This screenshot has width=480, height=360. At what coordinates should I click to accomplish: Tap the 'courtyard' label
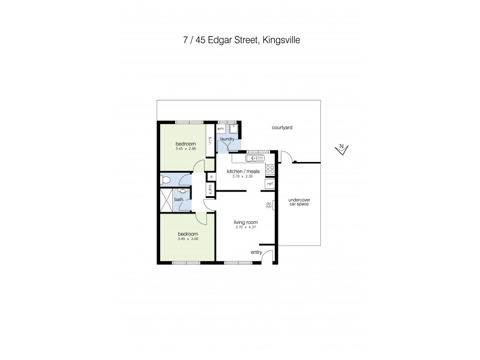(x=281, y=128)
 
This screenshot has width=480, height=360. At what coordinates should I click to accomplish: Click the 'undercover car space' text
(x=298, y=203)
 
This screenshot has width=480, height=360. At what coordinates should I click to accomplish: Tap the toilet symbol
(x=167, y=179)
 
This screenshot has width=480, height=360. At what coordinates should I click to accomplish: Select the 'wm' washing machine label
(x=220, y=128)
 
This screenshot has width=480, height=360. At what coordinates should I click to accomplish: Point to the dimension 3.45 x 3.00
(x=187, y=239)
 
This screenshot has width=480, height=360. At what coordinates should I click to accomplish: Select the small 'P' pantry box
(x=211, y=178)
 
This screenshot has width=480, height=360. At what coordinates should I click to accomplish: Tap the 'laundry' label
(x=227, y=139)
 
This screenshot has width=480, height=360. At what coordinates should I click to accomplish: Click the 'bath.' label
(x=179, y=200)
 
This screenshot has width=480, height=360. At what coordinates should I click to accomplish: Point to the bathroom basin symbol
(x=182, y=190)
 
